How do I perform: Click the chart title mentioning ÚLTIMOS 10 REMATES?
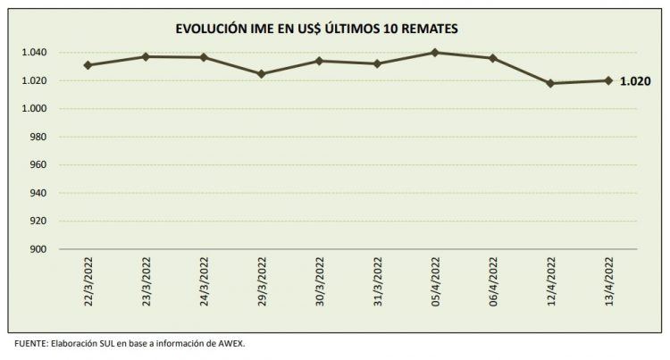[335, 29]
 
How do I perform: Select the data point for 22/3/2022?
[88, 65]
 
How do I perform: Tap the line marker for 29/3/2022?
[261, 74]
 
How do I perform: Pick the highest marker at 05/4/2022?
[435, 53]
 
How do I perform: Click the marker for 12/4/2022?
[550, 83]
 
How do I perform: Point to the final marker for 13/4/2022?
[608, 80]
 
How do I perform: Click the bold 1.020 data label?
[634, 80]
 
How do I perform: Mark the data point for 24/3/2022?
[204, 57]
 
